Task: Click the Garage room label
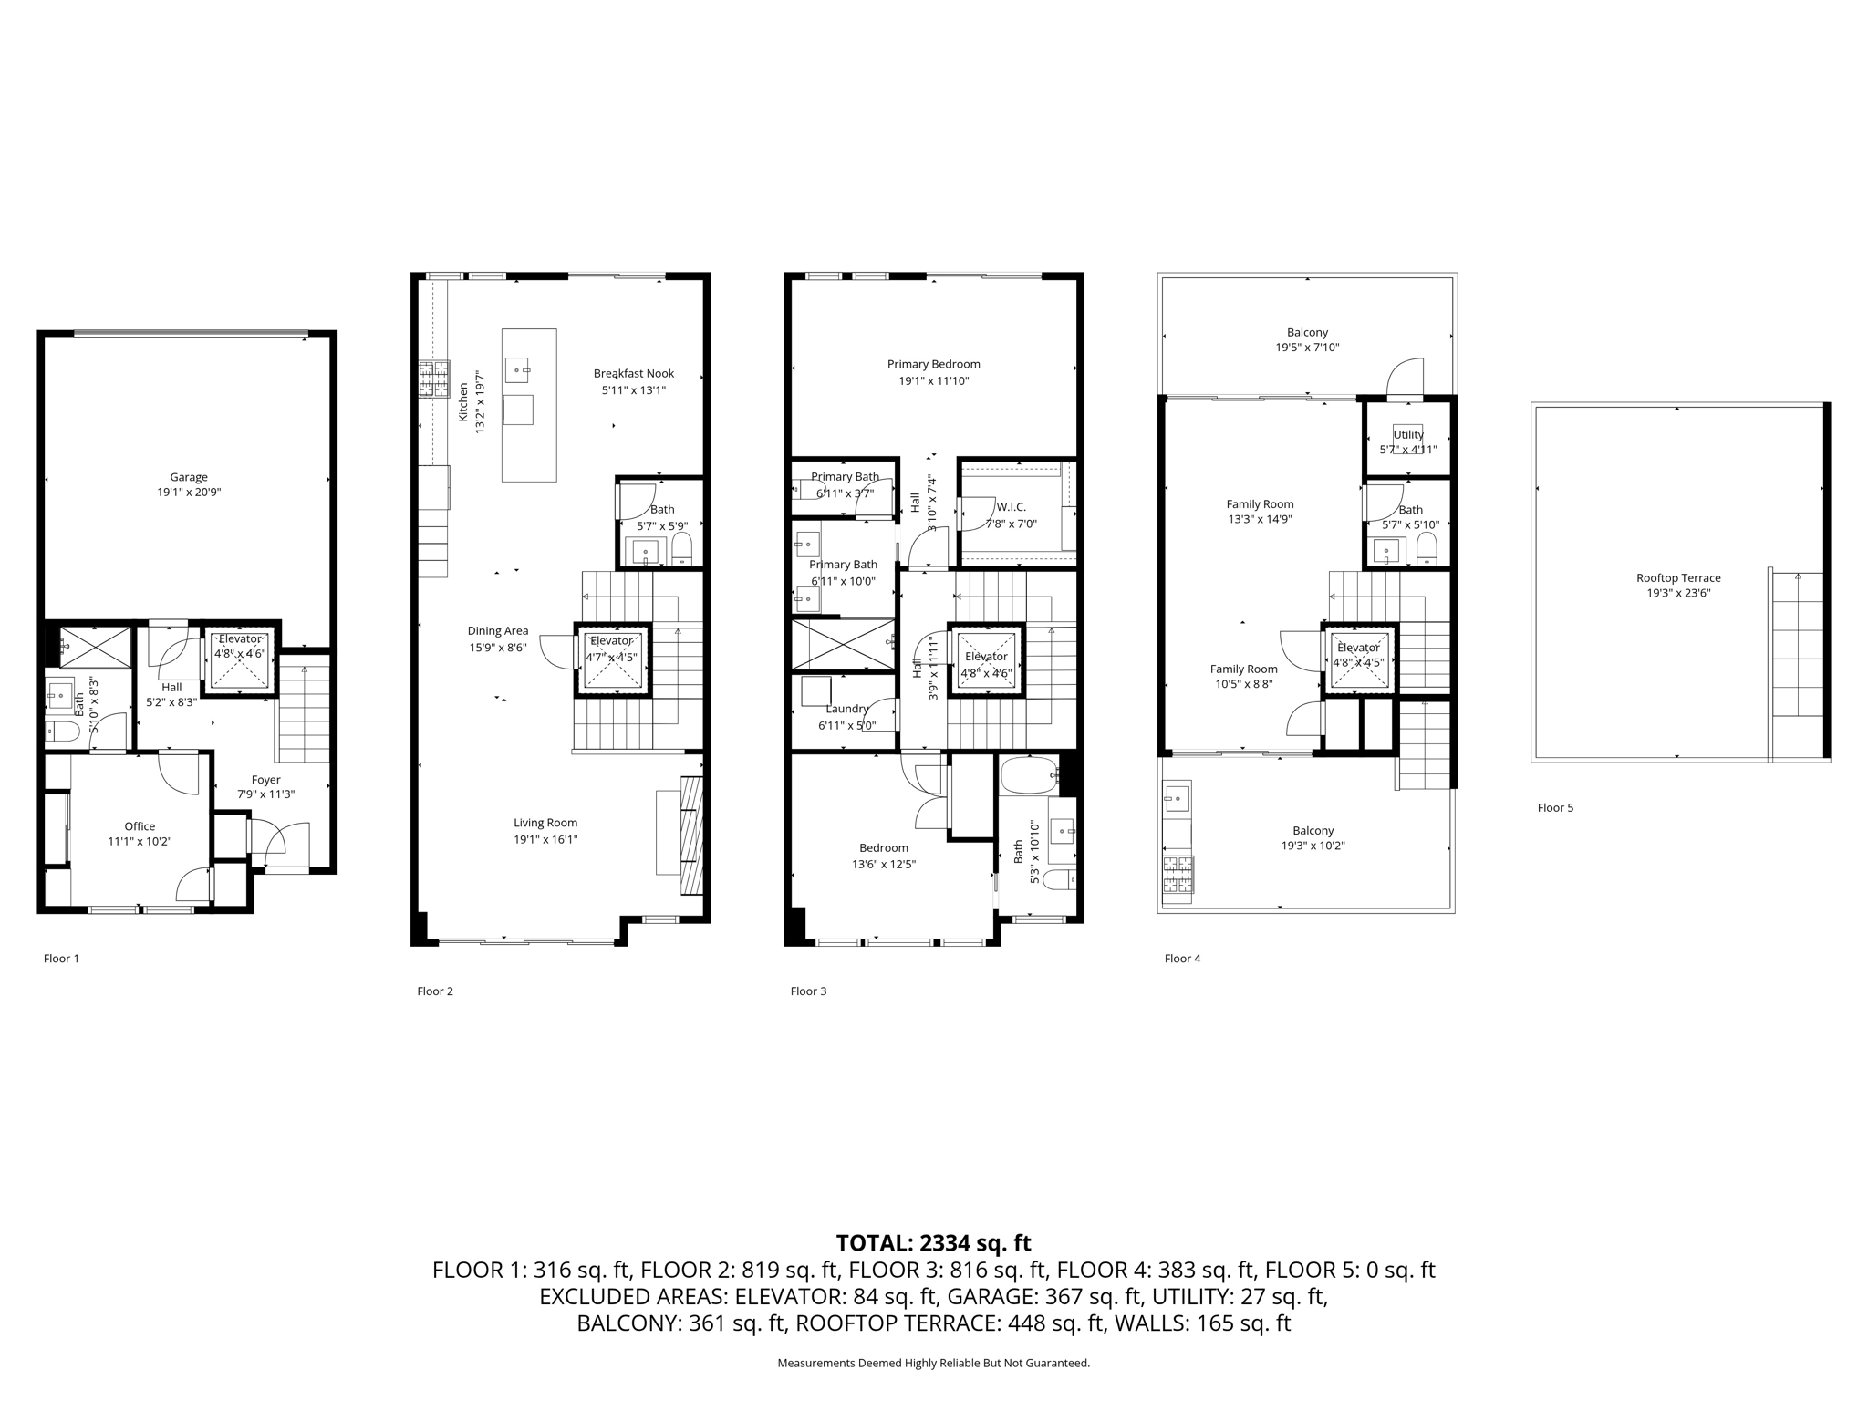(x=189, y=477)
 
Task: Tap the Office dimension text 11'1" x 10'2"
(x=140, y=842)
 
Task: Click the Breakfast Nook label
(x=633, y=373)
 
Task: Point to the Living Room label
(x=545, y=823)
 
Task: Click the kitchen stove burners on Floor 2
(x=434, y=379)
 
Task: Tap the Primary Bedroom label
(x=933, y=364)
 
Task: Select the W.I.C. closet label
(x=1012, y=506)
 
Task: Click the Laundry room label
(x=846, y=709)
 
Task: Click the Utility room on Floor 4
(x=1407, y=440)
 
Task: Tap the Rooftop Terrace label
(x=1678, y=577)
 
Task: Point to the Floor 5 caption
(x=1555, y=807)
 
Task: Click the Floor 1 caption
(x=61, y=959)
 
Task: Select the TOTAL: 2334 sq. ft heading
(x=933, y=1242)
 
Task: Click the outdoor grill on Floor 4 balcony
(x=1178, y=874)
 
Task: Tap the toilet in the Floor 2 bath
(x=682, y=549)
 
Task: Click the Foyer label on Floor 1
(x=265, y=780)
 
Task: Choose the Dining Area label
(x=497, y=630)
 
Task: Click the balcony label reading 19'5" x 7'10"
(x=1307, y=348)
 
